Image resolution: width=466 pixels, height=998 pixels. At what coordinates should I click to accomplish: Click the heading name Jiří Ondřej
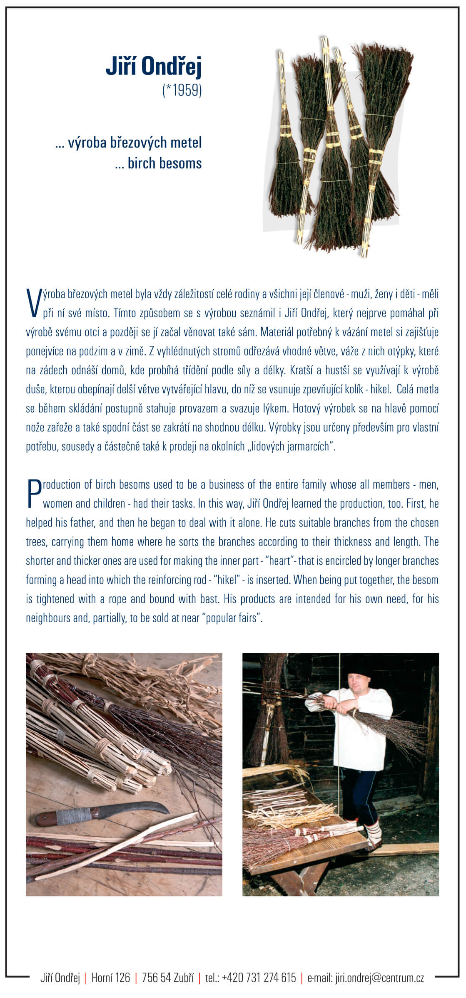pyautogui.click(x=153, y=67)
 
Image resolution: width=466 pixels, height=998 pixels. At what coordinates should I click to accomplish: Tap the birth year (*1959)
pyautogui.click(x=182, y=90)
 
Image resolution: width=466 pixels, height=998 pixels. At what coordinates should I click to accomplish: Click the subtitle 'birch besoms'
pyautogui.click(x=164, y=163)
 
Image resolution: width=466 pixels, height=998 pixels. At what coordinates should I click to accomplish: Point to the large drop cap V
pyautogui.click(x=34, y=303)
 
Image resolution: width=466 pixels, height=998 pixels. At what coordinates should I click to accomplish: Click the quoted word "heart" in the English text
pyautogui.click(x=280, y=561)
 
